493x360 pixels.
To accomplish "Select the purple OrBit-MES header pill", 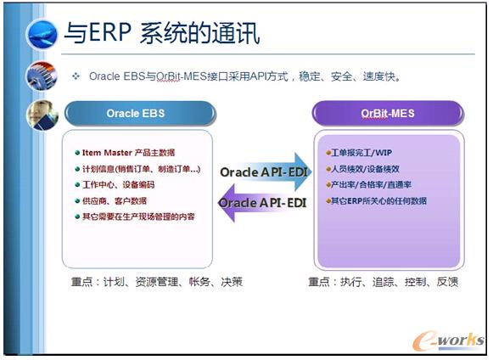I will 387,113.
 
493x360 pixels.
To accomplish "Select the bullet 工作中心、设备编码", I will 118,185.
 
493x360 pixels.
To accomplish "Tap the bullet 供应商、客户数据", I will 115,201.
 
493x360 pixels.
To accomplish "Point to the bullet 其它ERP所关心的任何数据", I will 379,200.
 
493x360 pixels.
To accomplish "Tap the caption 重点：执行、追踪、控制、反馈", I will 384,281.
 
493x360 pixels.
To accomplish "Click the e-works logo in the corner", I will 446,339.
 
